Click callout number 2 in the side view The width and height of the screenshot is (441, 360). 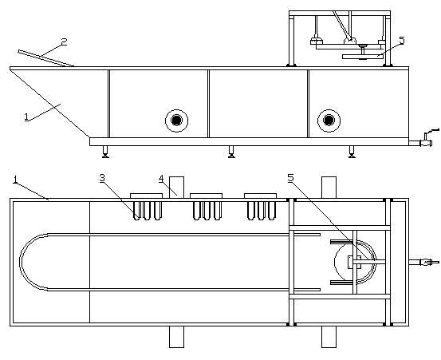(x=65, y=42)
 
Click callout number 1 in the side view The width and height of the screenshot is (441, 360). (x=26, y=117)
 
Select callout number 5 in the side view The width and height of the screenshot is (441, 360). (x=402, y=41)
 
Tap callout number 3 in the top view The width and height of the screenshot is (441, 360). (x=102, y=178)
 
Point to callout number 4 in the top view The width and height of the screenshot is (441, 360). (x=161, y=179)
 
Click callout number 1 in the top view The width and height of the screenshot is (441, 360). (x=16, y=180)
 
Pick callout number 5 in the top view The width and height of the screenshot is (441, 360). (x=290, y=178)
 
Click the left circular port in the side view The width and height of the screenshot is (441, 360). (x=176, y=121)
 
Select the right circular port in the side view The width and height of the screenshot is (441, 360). (x=329, y=121)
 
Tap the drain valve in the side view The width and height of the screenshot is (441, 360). (x=425, y=140)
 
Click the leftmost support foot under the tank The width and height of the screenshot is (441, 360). (x=105, y=152)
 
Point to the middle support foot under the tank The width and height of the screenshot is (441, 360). (x=231, y=152)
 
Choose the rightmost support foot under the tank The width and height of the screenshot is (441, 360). (x=352, y=152)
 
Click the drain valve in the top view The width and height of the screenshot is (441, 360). (x=425, y=263)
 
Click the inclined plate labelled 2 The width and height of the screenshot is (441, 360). (x=46, y=58)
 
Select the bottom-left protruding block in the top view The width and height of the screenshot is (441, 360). (x=176, y=337)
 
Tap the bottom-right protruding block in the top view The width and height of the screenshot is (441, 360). (x=329, y=337)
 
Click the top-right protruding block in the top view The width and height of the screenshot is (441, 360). (x=329, y=188)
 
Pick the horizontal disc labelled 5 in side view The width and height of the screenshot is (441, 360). (x=363, y=57)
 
